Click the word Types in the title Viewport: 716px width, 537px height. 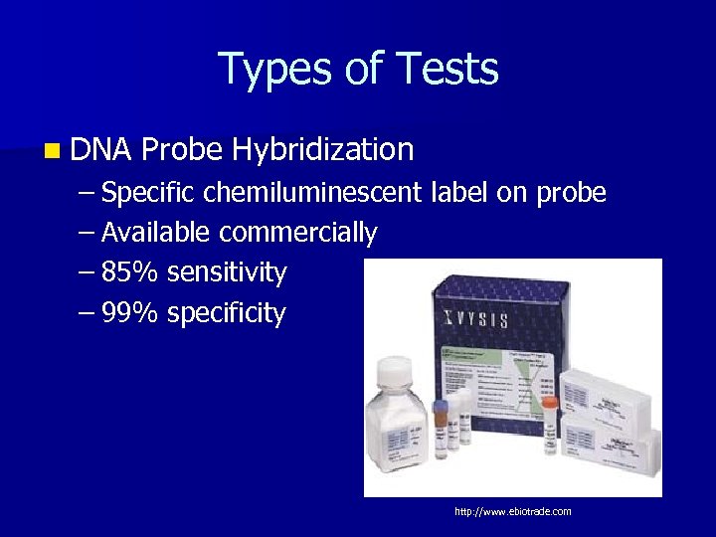pyautogui.click(x=267, y=70)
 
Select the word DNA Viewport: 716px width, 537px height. pyautogui.click(x=101, y=150)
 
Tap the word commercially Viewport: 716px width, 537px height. pyautogui.click(x=298, y=233)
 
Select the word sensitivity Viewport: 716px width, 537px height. pyautogui.click(x=227, y=272)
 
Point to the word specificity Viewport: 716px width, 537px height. pyautogui.click(x=227, y=313)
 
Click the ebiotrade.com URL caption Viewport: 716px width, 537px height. pyautogui.click(x=512, y=511)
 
